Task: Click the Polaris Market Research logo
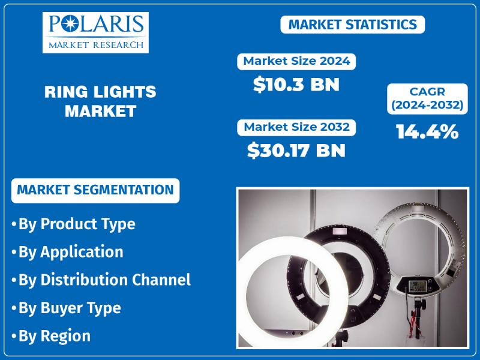click(x=95, y=32)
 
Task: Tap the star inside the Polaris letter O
click(x=70, y=24)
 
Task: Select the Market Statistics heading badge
click(x=353, y=25)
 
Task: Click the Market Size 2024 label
click(x=296, y=61)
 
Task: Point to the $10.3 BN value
click(x=296, y=85)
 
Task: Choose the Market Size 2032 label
click(x=296, y=127)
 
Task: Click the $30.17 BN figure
click(x=296, y=151)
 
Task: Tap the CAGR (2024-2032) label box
click(x=427, y=98)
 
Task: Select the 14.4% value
click(x=427, y=131)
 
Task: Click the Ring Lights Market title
click(x=100, y=101)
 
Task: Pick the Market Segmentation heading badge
click(x=95, y=190)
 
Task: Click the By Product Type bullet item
click(x=73, y=224)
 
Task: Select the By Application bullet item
click(x=67, y=252)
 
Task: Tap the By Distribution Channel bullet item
click(x=101, y=280)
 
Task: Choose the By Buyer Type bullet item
click(x=66, y=308)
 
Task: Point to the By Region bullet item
click(x=51, y=336)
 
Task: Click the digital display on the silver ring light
click(x=417, y=286)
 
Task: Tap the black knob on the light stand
click(x=421, y=304)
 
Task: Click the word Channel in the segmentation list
click(x=161, y=280)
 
